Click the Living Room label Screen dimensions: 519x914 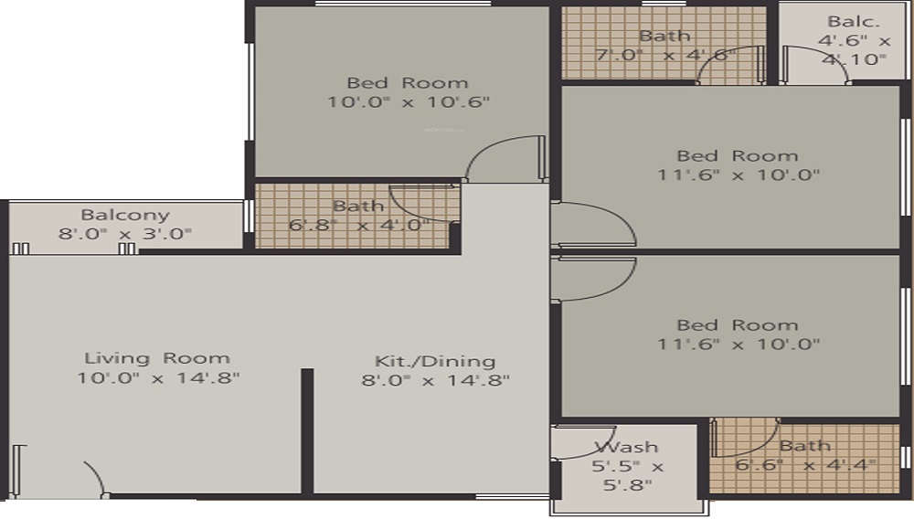(157, 358)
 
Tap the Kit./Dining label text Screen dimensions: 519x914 (435, 360)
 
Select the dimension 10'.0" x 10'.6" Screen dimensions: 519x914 (409, 102)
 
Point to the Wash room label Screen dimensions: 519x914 (626, 447)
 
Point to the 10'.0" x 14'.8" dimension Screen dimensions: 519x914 (157, 378)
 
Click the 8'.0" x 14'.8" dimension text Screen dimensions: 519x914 (435, 380)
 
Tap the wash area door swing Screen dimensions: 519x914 (585, 444)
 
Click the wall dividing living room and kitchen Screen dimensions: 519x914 (307, 429)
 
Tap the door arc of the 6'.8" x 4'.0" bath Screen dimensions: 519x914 (422, 203)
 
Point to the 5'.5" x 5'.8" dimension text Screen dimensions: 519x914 (626, 476)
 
